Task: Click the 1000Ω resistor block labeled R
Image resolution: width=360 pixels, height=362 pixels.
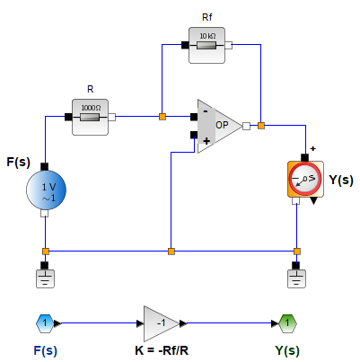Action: (90, 116)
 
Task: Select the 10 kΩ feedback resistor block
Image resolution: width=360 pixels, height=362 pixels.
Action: (208, 44)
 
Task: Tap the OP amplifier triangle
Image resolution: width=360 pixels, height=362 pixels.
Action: (218, 126)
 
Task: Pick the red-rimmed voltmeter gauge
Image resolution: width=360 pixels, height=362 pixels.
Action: (304, 179)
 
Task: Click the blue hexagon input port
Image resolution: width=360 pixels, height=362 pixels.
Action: (45, 322)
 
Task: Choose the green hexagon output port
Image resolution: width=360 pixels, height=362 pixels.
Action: (285, 322)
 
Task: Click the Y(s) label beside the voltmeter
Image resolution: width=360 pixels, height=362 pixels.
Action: (340, 180)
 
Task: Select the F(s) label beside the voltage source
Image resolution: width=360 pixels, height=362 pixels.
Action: (21, 163)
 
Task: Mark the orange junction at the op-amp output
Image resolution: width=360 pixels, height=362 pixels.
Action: (260, 126)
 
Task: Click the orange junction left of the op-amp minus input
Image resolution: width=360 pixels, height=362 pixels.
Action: (162, 116)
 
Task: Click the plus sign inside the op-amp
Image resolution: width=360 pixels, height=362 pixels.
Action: (206, 140)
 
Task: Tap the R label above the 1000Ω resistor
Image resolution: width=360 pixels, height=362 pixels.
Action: (90, 89)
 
